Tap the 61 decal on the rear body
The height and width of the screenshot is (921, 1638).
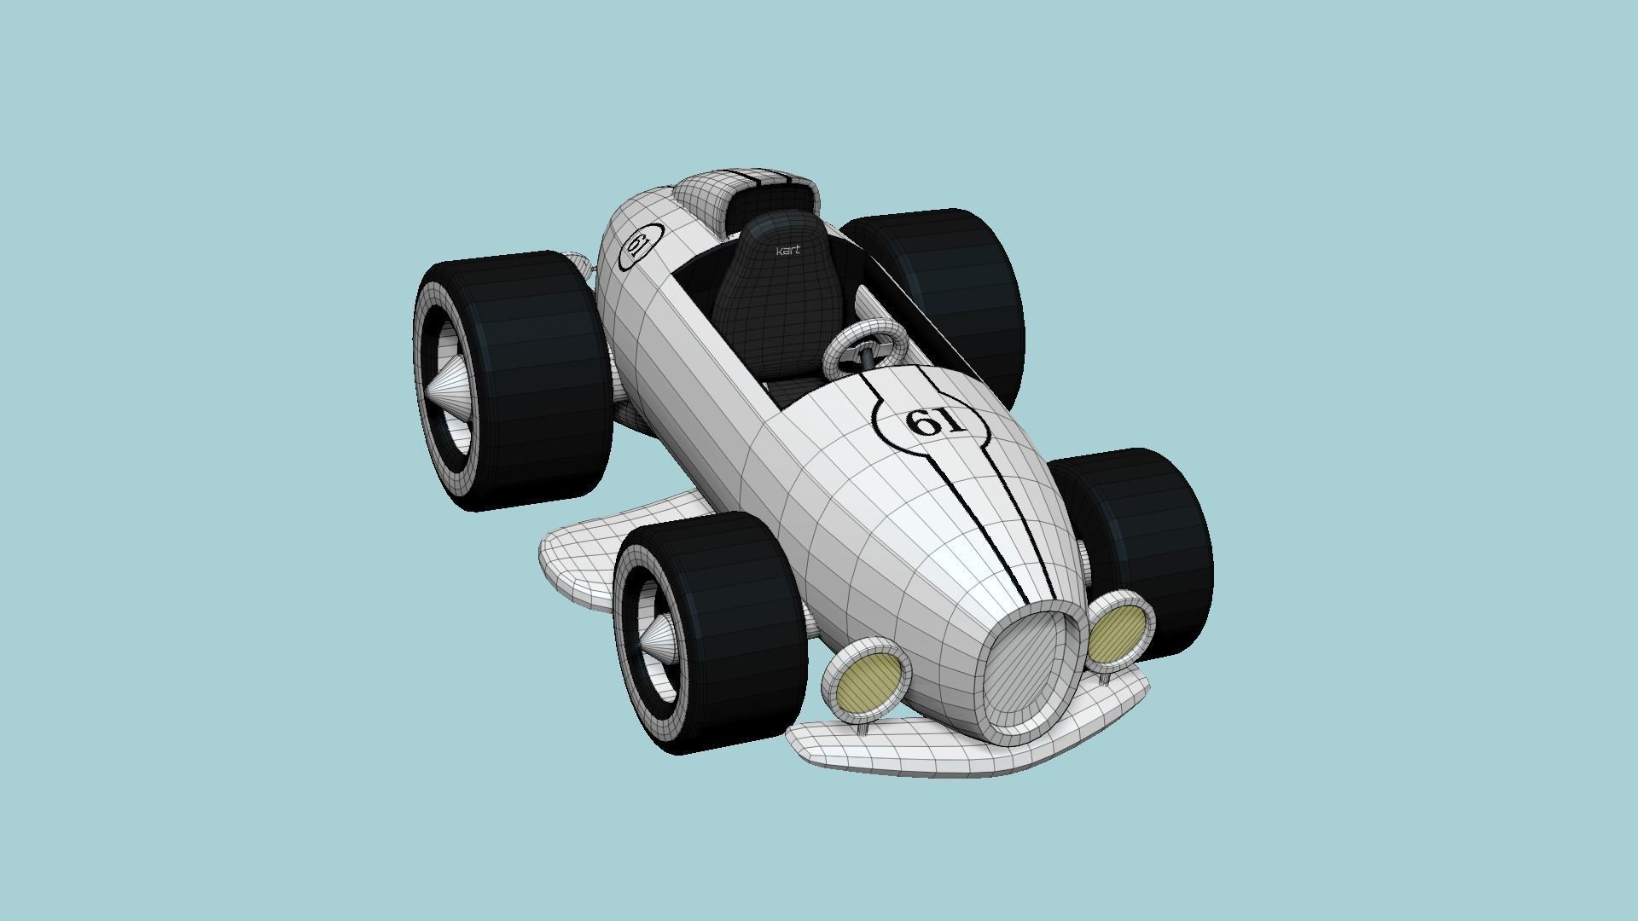point(637,246)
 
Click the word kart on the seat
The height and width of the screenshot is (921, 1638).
point(787,251)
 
